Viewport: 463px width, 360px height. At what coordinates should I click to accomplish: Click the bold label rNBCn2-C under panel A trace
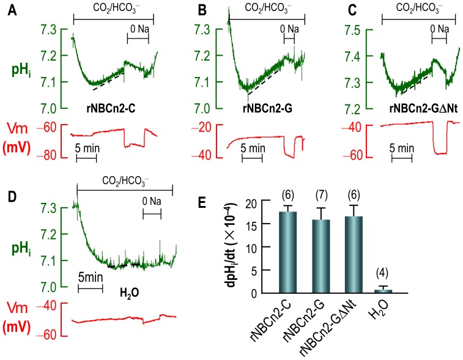tap(111, 109)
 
